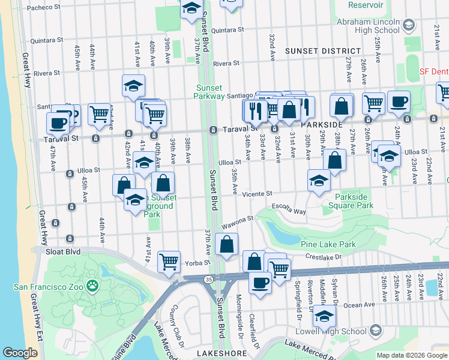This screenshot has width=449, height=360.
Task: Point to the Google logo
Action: pos(20,352)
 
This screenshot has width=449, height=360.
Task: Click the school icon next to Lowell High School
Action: pos(375,331)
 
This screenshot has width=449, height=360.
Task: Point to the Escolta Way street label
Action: pos(289,210)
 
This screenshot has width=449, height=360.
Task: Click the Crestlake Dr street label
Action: pos(324,256)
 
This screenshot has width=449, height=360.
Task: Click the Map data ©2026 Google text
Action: pos(411,355)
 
